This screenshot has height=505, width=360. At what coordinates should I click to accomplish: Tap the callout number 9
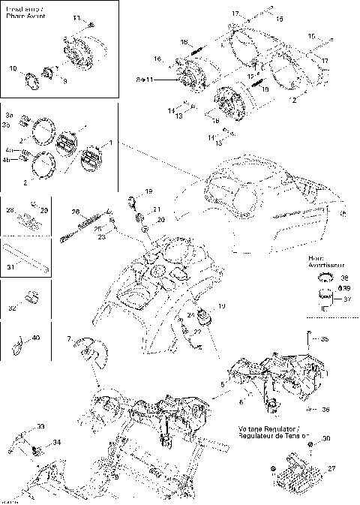64,80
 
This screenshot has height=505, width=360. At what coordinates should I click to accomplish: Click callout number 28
10,211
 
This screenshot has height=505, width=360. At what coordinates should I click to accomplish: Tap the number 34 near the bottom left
57,443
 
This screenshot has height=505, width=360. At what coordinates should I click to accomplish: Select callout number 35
325,339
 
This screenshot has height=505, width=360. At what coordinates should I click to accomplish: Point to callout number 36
325,410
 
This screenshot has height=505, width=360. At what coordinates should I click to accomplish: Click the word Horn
315,257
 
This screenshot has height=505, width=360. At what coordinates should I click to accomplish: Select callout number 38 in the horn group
324,277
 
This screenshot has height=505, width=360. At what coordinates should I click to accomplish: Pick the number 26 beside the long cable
75,212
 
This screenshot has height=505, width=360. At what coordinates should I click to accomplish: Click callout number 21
157,209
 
